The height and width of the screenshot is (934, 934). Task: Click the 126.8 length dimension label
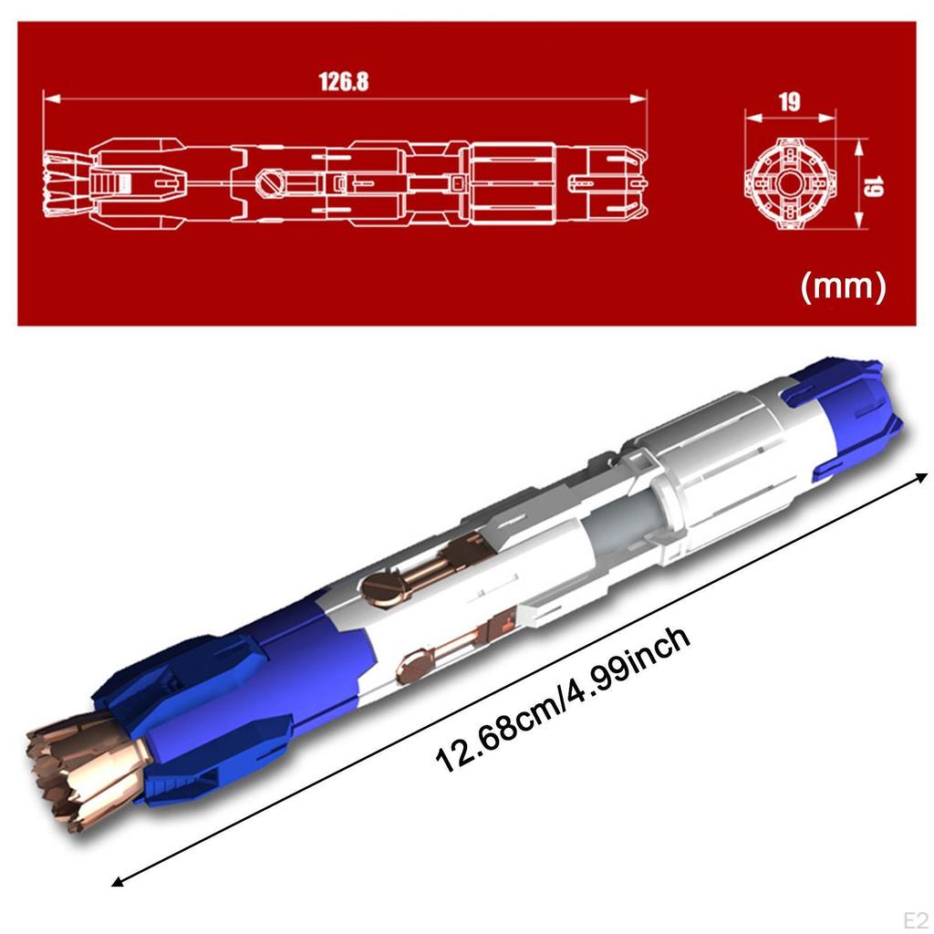[344, 81]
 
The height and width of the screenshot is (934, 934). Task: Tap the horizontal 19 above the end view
[790, 102]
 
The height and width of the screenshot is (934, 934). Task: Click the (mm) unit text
[842, 288]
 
